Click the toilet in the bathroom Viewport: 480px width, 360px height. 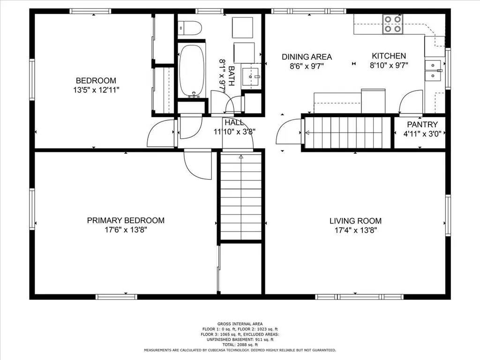point(190,28)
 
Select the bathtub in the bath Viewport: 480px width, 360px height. point(192,71)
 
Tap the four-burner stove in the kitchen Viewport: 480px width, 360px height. point(393,24)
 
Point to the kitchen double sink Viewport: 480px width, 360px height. point(433,70)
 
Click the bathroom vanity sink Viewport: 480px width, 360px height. point(251,76)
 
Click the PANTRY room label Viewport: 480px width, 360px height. point(422,124)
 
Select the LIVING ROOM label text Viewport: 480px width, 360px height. point(355,221)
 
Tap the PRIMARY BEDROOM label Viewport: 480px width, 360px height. point(126,220)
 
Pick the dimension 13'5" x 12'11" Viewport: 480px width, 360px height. point(96,90)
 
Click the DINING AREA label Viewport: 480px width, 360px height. point(307,57)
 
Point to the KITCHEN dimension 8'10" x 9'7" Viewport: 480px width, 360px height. point(389,65)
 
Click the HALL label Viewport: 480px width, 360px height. point(234,123)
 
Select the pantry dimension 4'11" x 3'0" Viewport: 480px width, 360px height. point(422,134)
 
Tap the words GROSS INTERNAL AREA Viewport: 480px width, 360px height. point(240,324)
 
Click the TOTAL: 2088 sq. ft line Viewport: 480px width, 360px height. point(240,345)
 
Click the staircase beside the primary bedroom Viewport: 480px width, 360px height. point(241,196)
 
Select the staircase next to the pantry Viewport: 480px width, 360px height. point(348,133)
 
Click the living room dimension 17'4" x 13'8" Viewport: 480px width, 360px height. point(355,230)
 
